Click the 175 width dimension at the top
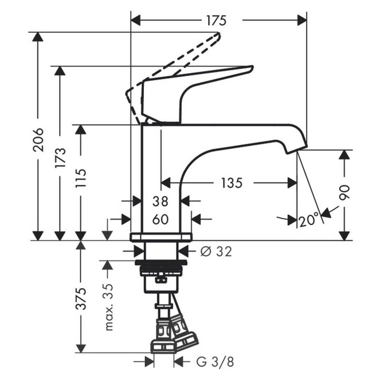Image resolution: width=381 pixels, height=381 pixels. [216, 21]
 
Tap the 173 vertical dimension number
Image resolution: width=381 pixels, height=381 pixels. [60, 157]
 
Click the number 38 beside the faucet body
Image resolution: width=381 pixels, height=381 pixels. [160, 202]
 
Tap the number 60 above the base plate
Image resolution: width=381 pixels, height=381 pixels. [160, 219]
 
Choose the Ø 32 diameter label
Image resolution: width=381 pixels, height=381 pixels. [216, 252]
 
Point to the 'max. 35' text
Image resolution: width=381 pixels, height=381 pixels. [108, 306]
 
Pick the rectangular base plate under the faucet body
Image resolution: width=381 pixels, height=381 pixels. [160, 237]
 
